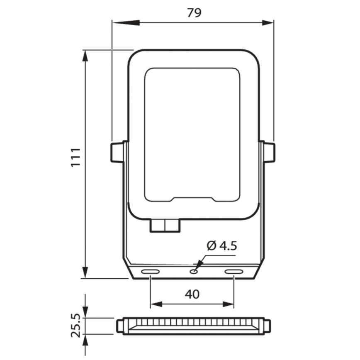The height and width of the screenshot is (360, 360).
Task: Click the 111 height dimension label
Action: [x=75, y=157]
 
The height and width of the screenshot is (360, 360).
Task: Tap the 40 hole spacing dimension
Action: [x=192, y=294]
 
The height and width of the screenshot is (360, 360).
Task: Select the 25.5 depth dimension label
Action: [x=75, y=325]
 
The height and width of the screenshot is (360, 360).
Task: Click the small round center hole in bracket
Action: [x=193, y=272]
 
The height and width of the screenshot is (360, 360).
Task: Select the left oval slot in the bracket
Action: [x=150, y=272]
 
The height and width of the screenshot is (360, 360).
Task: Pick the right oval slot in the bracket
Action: [x=234, y=272]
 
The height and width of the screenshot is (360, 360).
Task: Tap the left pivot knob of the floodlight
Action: [x=116, y=152]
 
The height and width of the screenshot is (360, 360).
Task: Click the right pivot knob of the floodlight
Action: [x=269, y=152]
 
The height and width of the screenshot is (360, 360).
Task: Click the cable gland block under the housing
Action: [x=165, y=226]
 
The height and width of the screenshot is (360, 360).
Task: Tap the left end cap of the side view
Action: [x=120, y=326]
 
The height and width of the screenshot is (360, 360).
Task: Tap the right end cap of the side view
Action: [x=268, y=326]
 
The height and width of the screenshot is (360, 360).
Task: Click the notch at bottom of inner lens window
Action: [x=193, y=199]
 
